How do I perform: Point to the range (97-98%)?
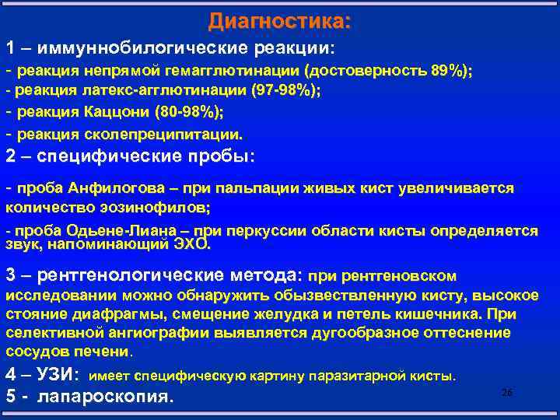tap(285, 90)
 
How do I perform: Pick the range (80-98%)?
tap(189, 112)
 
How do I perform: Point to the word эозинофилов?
tap(156, 208)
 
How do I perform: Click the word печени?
tap(108, 352)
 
